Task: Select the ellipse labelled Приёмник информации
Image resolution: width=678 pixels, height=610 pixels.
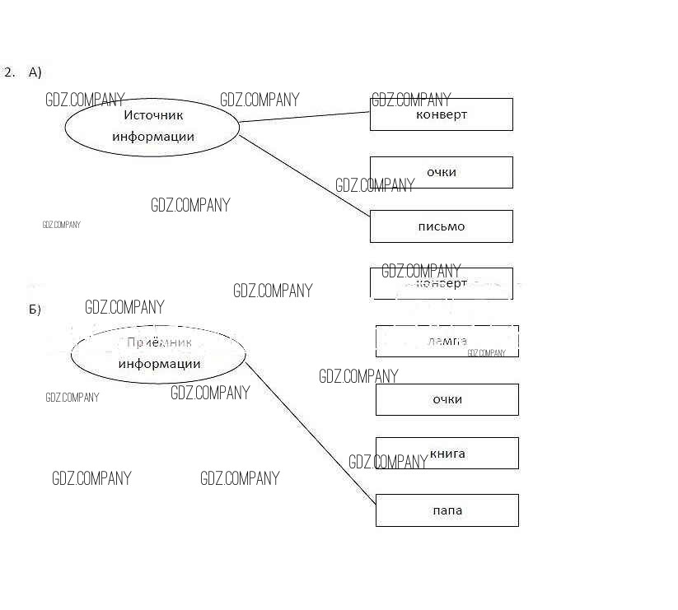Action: (x=158, y=354)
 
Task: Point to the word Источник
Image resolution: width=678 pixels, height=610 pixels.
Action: (x=153, y=115)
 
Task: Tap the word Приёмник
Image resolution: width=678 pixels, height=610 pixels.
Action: (x=160, y=342)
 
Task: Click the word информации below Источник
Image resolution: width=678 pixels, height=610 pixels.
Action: (x=153, y=137)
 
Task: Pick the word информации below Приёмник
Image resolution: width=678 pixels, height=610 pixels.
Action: (x=159, y=364)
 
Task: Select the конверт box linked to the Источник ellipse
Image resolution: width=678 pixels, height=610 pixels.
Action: (x=441, y=114)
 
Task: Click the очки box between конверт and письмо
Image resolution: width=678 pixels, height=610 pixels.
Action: (x=441, y=172)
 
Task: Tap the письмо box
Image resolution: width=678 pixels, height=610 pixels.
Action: (x=441, y=226)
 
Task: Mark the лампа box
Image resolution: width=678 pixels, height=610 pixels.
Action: (x=447, y=341)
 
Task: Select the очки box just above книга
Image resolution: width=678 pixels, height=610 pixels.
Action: (x=447, y=399)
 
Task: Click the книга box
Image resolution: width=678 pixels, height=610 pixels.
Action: (x=447, y=454)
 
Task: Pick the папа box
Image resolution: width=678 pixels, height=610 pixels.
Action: (x=447, y=510)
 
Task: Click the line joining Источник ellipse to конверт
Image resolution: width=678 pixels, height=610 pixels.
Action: (x=305, y=117)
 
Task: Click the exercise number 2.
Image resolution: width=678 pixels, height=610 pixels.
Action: (x=9, y=72)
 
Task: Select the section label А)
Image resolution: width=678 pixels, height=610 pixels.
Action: (x=35, y=72)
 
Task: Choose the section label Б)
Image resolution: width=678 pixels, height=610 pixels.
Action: (x=35, y=310)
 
